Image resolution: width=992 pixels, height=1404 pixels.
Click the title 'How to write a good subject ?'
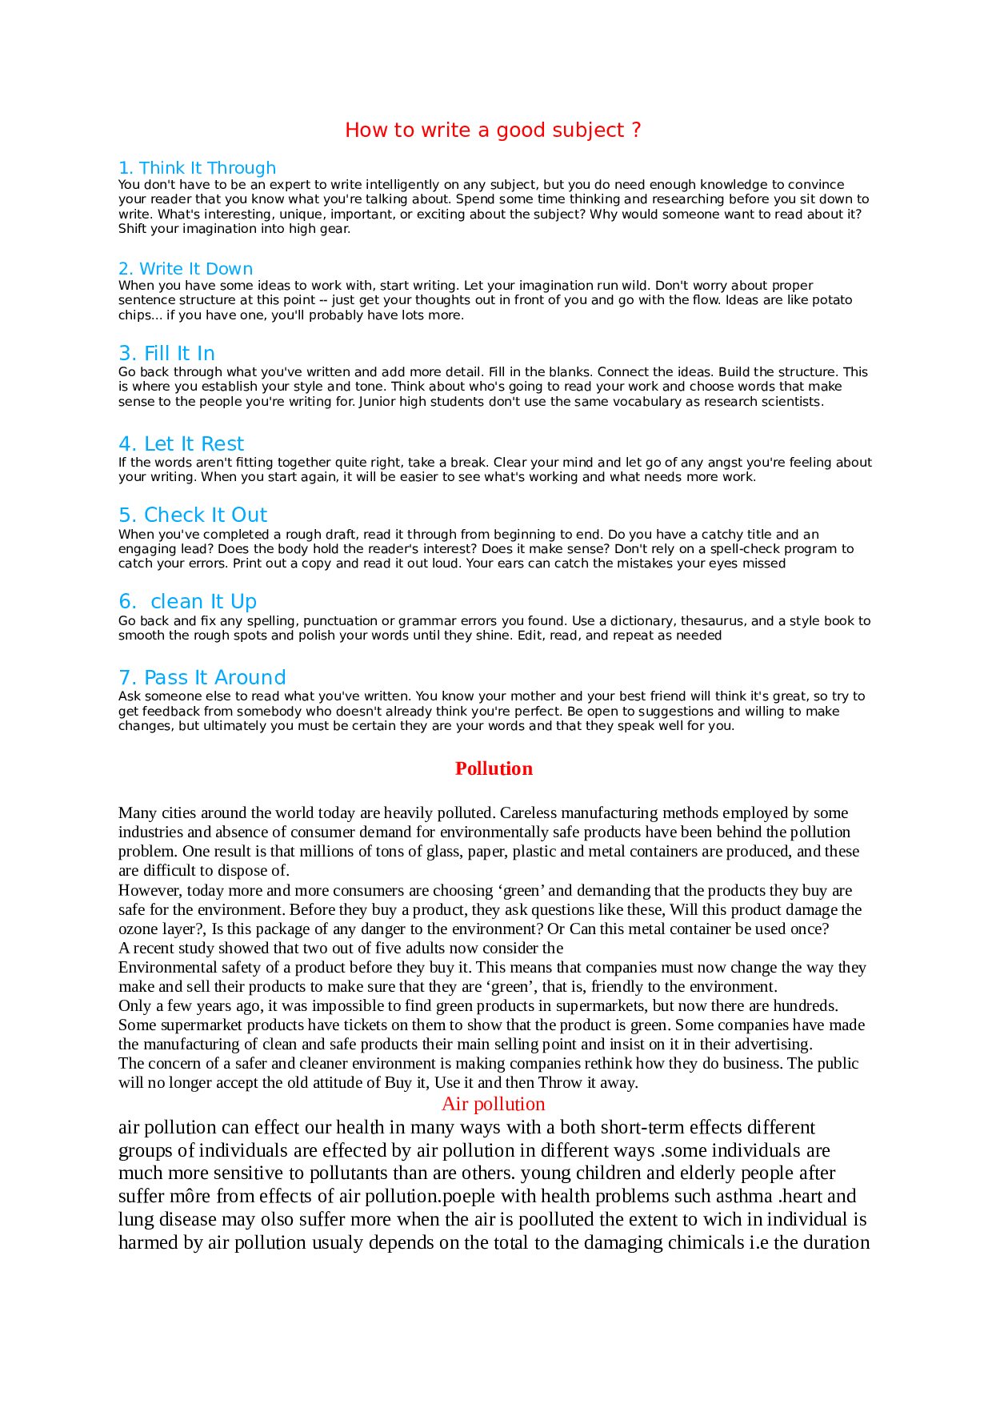[x=493, y=130]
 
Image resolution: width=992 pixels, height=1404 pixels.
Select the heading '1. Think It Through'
[x=197, y=168]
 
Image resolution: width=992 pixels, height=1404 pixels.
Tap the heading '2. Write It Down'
[x=186, y=269]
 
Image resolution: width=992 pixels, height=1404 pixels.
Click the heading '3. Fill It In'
[x=166, y=354]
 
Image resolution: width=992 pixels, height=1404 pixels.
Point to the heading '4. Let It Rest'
[x=181, y=444]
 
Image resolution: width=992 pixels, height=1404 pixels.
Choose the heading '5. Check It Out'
[x=193, y=515]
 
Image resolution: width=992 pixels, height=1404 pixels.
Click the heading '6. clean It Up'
[x=187, y=602]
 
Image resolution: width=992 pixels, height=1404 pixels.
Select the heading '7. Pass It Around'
[x=202, y=678]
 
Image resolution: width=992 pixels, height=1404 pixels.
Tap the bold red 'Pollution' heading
[x=494, y=768]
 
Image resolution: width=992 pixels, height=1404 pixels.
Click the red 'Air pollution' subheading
[x=493, y=1105]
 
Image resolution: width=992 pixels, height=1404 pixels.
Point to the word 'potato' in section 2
[x=832, y=300]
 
